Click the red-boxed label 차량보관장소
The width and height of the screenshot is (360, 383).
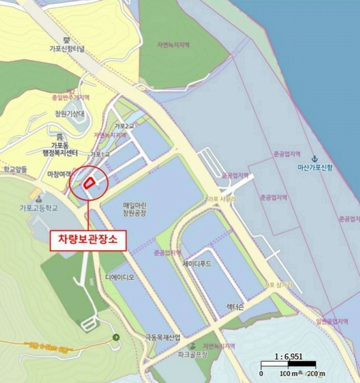[89, 239]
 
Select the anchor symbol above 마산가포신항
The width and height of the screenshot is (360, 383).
[313, 158]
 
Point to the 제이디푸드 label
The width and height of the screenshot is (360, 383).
[200, 263]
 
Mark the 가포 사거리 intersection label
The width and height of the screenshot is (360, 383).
[221, 199]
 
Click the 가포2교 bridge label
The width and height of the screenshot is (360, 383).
[124, 126]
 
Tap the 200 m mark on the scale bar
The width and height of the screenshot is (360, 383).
[314, 373]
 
